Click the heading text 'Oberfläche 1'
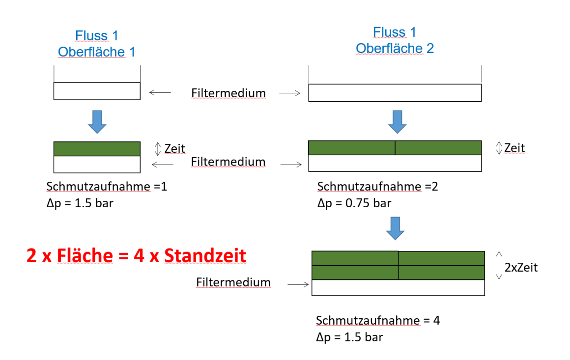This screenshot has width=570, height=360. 96,52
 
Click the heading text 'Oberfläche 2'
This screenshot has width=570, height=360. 395,49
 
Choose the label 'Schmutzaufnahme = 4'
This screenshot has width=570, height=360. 378,321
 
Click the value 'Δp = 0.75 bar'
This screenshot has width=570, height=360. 354,203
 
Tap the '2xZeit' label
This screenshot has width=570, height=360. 521,268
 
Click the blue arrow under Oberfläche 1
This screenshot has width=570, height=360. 97,122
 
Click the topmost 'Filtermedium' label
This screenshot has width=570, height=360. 228,93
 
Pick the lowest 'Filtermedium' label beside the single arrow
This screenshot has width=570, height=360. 233,282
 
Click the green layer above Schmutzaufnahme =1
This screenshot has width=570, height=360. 97,149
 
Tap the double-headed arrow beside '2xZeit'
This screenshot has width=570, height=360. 499,266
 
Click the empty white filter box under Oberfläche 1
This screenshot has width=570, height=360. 97,91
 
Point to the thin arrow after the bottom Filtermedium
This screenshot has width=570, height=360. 298,284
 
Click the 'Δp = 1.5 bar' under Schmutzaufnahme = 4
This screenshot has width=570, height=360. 349,337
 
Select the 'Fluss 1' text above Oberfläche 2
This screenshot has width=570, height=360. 395,32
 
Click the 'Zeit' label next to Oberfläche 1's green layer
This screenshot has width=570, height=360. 174,148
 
